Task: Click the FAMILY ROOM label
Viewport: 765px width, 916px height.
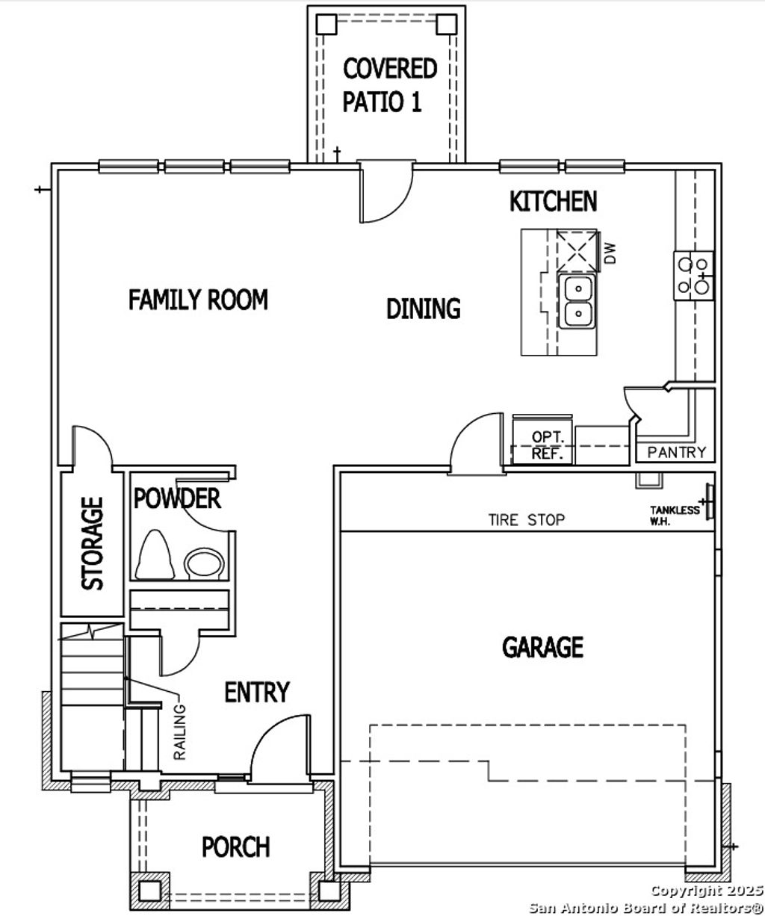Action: [198, 300]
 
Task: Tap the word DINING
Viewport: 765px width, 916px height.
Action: [423, 309]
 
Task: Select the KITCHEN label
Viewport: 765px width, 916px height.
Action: [553, 201]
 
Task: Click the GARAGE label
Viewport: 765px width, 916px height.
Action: [542, 646]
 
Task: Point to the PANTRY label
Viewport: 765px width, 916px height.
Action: [676, 452]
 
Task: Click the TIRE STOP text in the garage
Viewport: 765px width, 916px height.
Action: [527, 520]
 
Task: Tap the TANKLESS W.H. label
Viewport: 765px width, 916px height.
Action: [675, 515]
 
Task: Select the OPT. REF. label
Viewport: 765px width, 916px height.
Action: [551, 445]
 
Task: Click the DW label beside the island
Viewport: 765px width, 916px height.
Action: [610, 253]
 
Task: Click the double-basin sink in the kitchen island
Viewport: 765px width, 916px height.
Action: [577, 301]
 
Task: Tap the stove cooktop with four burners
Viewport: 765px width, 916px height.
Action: [694, 274]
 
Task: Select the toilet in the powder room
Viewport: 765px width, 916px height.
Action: [155, 555]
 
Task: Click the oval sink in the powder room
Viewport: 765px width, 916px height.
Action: [204, 563]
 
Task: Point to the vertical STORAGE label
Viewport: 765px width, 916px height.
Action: [93, 543]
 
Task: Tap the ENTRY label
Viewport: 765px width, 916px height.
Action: [257, 693]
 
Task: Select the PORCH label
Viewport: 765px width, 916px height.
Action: [236, 847]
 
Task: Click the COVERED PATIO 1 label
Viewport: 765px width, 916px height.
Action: [390, 84]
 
